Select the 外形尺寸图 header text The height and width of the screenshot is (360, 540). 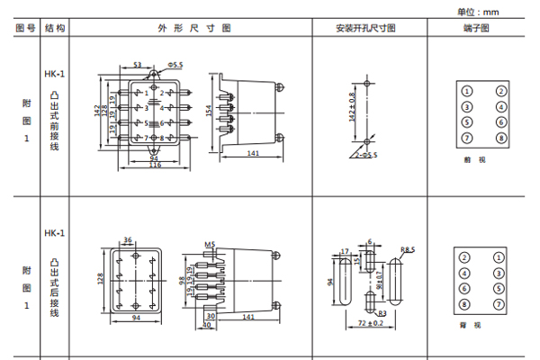pos(189,28)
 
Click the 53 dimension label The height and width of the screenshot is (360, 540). pos(138,65)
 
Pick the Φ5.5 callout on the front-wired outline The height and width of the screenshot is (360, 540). pos(175,65)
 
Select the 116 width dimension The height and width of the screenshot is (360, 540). pos(155,166)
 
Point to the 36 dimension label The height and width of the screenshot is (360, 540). pos(128,239)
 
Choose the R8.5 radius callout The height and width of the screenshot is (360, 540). pos(407,248)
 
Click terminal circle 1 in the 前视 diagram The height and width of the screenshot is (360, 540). pos(467,91)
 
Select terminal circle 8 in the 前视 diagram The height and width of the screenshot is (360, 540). pos(500,137)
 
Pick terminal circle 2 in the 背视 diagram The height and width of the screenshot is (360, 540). pos(465,258)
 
